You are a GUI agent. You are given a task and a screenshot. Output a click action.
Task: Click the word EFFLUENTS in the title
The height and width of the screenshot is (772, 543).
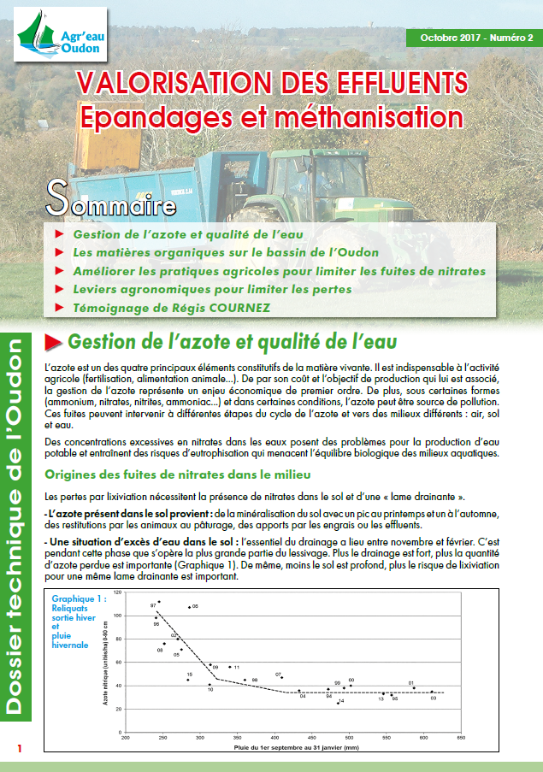pyautogui.click(x=384, y=82)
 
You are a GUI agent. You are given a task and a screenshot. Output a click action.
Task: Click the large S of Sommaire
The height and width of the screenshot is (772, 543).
pyautogui.click(x=56, y=196)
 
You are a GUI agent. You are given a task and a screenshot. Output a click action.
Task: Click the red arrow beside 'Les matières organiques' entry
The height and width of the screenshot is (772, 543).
pyautogui.click(x=58, y=252)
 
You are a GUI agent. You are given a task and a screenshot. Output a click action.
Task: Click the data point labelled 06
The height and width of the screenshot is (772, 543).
pyautogui.click(x=189, y=606)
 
